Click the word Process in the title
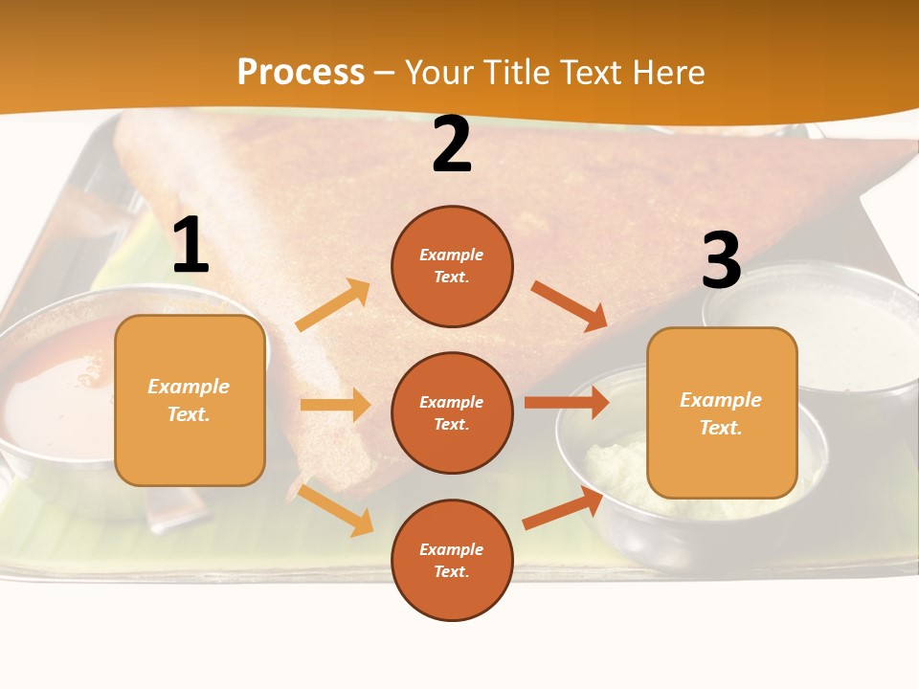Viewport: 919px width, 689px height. coord(301,73)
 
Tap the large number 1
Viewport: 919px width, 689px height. coord(191,246)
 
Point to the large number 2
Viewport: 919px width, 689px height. coord(452,145)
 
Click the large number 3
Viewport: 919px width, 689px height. coord(721,260)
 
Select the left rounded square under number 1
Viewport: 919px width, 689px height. coord(190,400)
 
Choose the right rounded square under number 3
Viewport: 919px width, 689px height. coord(722,412)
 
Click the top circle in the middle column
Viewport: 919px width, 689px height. coord(452,266)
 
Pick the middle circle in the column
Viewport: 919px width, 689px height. coord(452,412)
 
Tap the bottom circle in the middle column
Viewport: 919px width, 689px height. coord(452,560)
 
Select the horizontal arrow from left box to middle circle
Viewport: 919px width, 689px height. coord(335,405)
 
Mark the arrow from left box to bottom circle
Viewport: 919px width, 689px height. coord(335,509)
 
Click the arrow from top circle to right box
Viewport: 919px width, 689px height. coord(570,305)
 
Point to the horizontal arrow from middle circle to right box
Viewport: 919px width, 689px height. coord(567,403)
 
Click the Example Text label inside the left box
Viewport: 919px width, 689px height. coord(189,400)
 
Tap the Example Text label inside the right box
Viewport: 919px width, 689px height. coord(721,413)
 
